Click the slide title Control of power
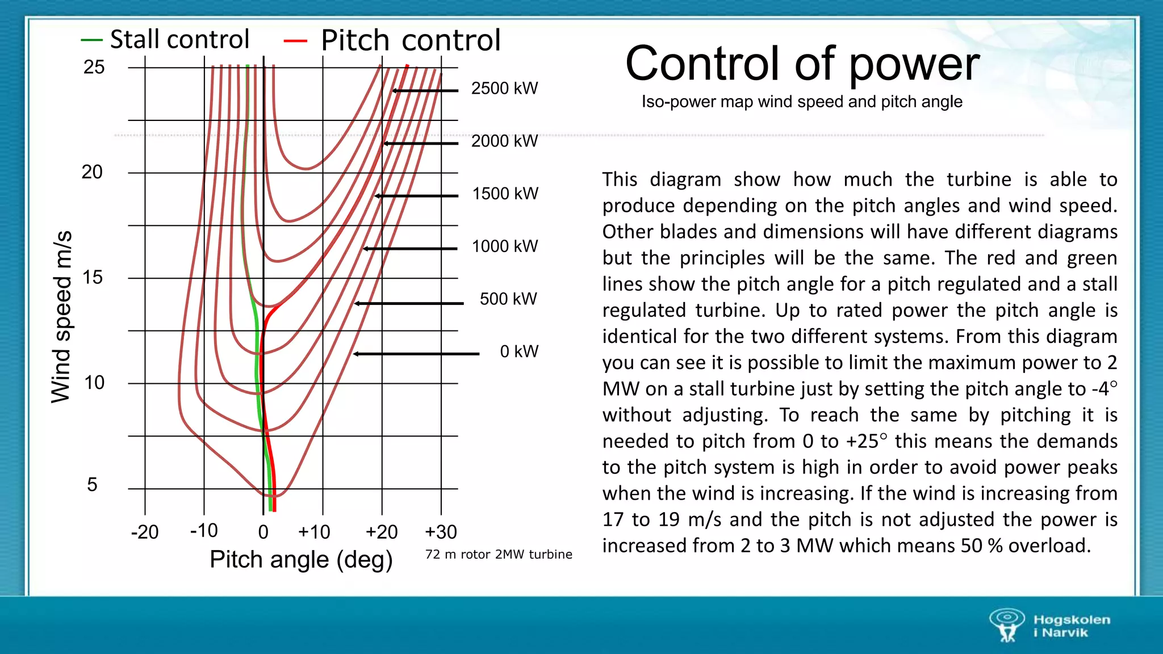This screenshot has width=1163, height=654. click(x=802, y=64)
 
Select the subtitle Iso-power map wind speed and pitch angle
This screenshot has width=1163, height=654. click(x=802, y=102)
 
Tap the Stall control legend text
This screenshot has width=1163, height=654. click(x=179, y=40)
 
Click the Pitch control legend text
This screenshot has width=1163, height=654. click(x=411, y=41)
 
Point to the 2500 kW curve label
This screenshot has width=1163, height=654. click(x=504, y=89)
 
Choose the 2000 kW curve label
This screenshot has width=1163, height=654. click(x=504, y=141)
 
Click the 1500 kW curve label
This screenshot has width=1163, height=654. click(x=505, y=194)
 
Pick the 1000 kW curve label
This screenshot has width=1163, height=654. click(x=505, y=246)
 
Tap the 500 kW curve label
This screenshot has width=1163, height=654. click(x=508, y=299)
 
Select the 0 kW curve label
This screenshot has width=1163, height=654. click(x=519, y=351)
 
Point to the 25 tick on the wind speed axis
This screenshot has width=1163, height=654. click(x=94, y=68)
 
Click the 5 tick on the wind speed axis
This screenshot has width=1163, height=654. click(x=92, y=484)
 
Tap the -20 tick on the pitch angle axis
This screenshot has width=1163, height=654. click(x=145, y=532)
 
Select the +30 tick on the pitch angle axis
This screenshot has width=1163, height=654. click(x=441, y=532)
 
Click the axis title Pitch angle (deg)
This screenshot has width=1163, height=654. click(x=301, y=560)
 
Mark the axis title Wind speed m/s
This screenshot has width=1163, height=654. click(x=61, y=317)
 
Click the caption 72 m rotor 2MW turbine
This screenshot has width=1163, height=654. click(x=499, y=555)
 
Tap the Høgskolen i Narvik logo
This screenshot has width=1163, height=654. click(x=1049, y=626)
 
